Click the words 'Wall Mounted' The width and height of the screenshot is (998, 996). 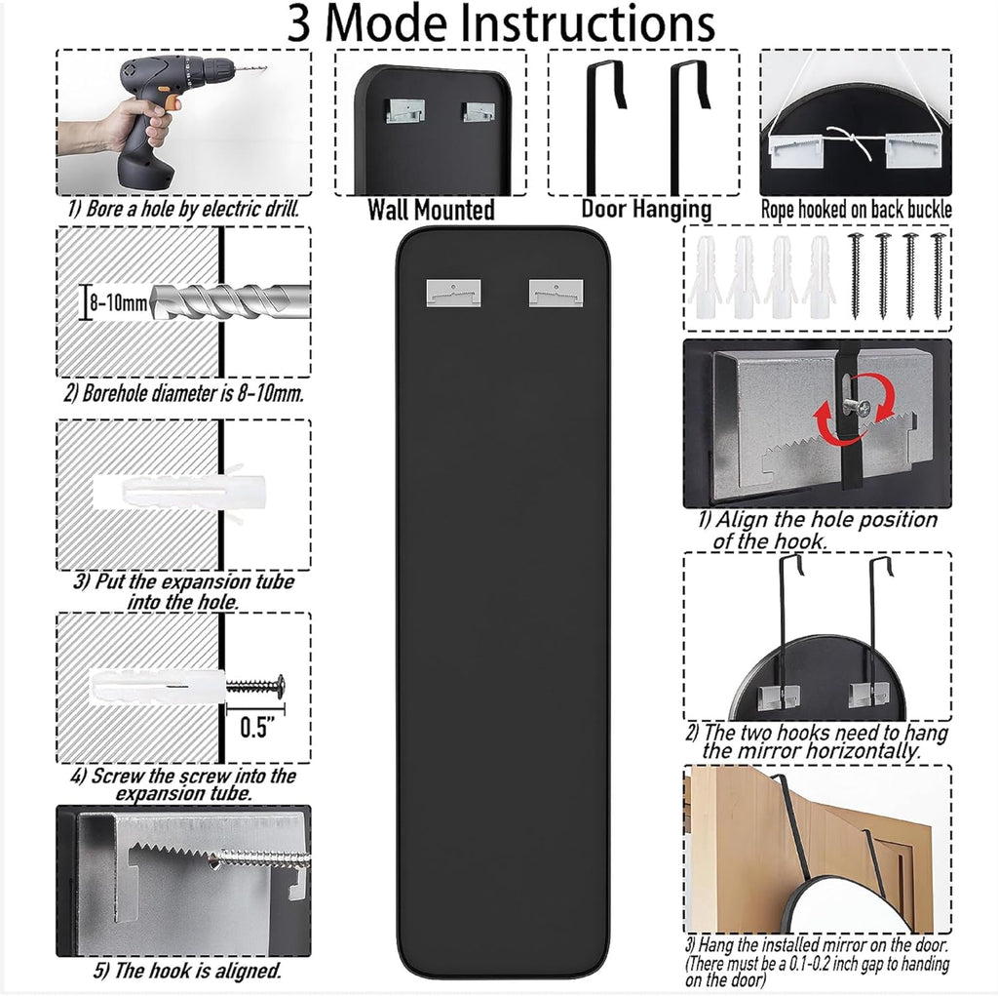click(x=431, y=210)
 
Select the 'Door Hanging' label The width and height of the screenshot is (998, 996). click(x=646, y=209)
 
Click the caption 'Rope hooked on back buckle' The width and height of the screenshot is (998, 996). click(x=856, y=209)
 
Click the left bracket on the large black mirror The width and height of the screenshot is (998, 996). click(x=453, y=290)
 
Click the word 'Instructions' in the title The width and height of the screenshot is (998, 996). click(x=579, y=25)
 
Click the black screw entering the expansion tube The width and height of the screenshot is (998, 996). click(x=256, y=686)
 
